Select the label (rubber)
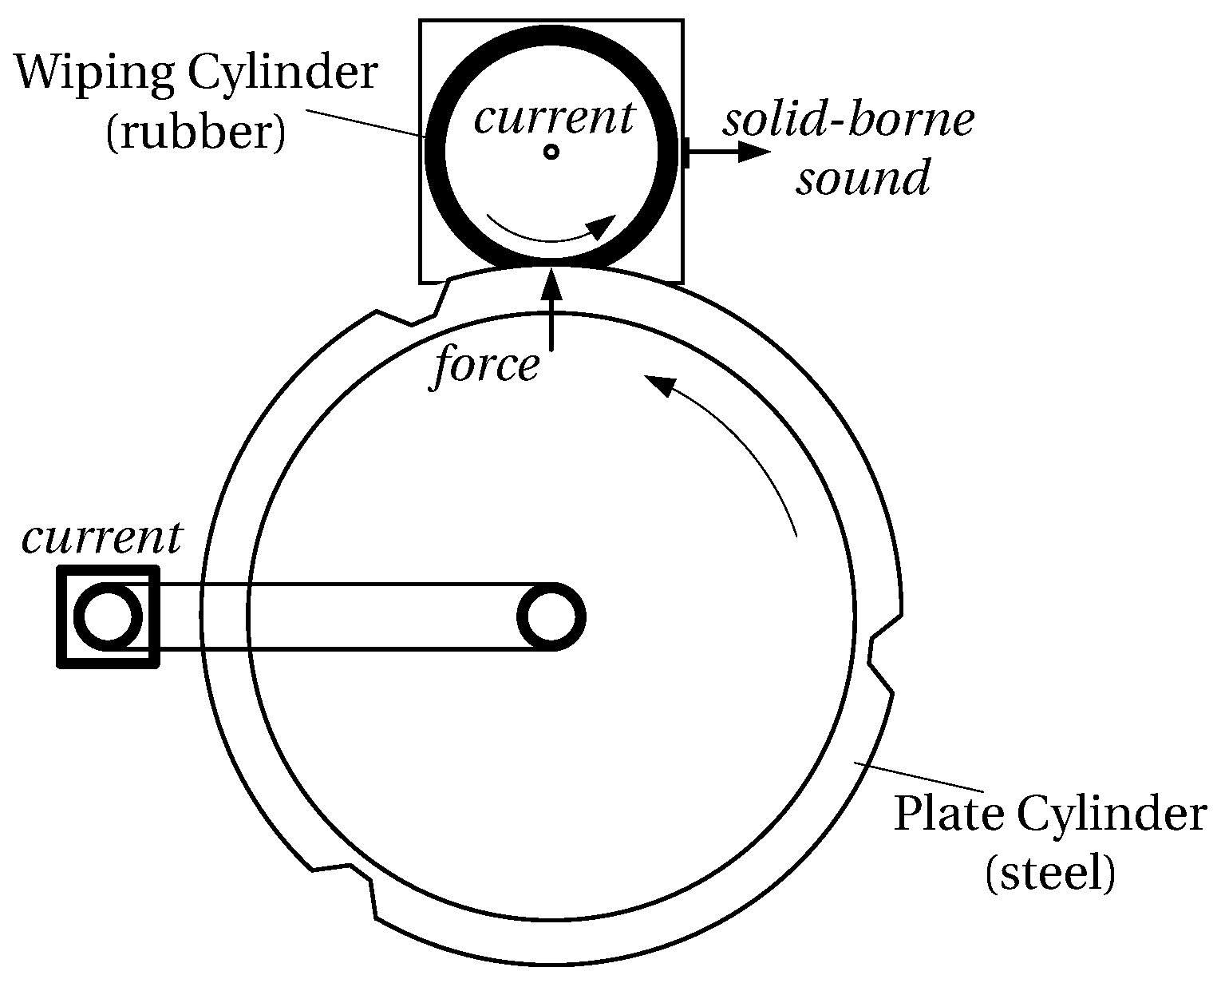coord(194,133)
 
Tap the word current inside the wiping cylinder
coord(554,119)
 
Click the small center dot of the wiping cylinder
coord(550,151)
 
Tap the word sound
coord(863,177)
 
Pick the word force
coord(486,367)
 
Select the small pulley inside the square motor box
coord(108,616)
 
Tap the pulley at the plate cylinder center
coord(551,616)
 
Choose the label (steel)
coord(1050,874)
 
